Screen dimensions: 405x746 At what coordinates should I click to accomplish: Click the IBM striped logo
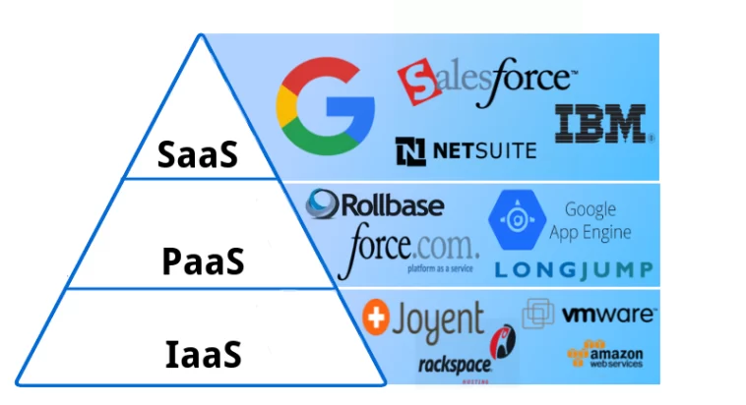(599, 123)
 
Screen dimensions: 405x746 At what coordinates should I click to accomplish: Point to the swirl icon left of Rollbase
(323, 205)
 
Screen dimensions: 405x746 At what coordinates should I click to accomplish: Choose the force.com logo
(407, 246)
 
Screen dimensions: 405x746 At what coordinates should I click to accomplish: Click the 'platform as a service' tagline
(433, 267)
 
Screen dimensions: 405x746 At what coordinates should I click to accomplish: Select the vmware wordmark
(608, 316)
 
